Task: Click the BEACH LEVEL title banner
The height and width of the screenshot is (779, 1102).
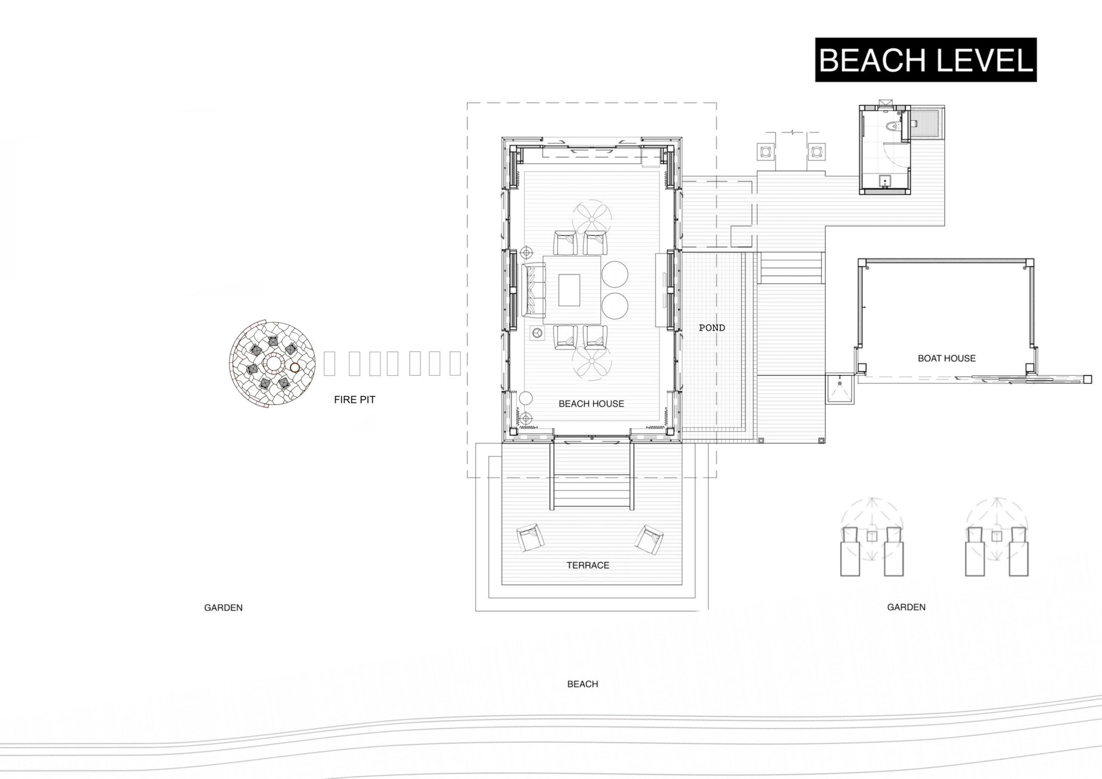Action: click(x=926, y=60)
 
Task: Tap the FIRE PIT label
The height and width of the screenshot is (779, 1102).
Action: click(x=355, y=399)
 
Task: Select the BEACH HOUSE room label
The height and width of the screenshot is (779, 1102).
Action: click(x=591, y=404)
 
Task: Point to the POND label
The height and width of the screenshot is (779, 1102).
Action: click(x=712, y=328)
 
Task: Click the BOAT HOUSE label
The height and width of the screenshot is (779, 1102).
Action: click(x=947, y=358)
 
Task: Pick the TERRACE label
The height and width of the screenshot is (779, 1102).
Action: click(x=588, y=566)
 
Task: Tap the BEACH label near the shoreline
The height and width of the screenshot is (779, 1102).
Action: click(x=583, y=684)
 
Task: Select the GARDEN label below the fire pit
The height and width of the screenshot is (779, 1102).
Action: click(x=223, y=608)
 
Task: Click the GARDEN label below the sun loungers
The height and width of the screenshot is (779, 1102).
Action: click(x=906, y=607)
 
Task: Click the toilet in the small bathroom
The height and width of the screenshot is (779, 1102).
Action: click(x=892, y=127)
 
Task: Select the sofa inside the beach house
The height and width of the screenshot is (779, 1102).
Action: click(x=533, y=291)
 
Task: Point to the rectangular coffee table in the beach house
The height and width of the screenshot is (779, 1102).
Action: click(x=569, y=290)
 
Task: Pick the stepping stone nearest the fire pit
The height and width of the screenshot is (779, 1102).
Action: click(x=329, y=363)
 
